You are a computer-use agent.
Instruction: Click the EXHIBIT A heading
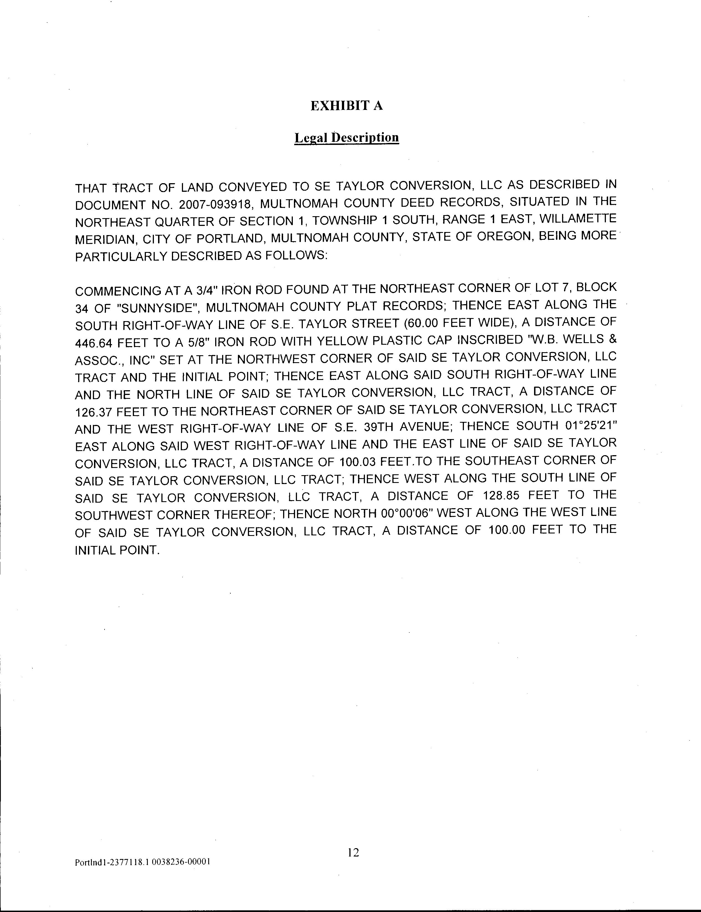coord(346,106)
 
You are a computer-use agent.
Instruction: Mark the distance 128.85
coord(502,495)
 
